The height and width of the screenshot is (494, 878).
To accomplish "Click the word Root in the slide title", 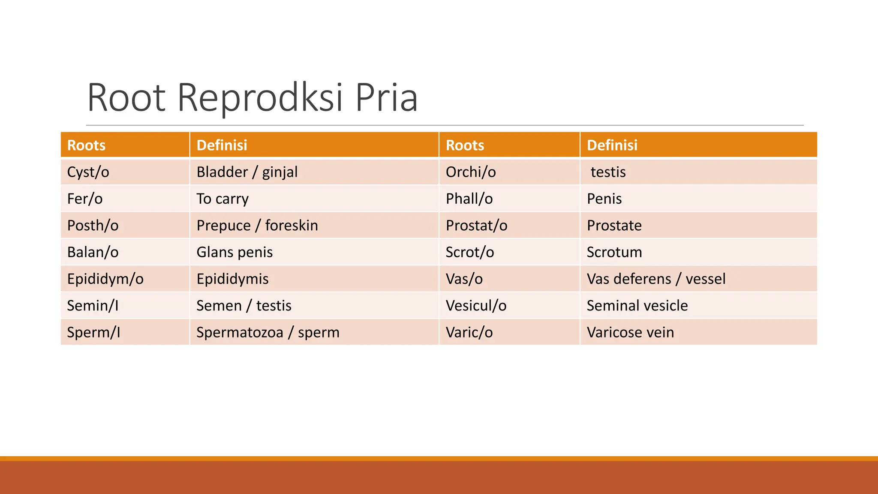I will coord(126,98).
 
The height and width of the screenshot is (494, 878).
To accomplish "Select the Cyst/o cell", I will coord(88,172).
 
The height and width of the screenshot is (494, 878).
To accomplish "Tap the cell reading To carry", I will coord(223,199).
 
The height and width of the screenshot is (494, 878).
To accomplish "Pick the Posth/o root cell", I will coord(93,226).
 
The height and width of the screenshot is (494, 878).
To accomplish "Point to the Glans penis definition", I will coord(235,252).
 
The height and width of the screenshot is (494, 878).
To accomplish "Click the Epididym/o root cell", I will coord(105,279).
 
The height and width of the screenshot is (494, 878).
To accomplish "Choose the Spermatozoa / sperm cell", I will coord(268,332).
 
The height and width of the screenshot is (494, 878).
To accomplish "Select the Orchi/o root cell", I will coord(471,172).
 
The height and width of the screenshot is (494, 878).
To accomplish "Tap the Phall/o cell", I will coord(469,199).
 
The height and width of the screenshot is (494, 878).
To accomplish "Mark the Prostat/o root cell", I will coord(476,226).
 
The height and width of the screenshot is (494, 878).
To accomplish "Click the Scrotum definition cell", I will coord(614,252).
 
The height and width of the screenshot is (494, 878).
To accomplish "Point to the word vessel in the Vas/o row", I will coord(705,279).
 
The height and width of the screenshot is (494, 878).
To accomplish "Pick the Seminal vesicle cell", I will coord(637,306).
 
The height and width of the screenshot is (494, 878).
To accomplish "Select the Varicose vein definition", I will coord(630,332).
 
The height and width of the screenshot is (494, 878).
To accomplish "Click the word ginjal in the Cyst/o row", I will coord(280,172).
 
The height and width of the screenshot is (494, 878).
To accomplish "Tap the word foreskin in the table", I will coord(292,226).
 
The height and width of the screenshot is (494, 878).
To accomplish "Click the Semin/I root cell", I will coord(93,306).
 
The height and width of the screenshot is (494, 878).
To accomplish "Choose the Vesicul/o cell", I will coord(476,306).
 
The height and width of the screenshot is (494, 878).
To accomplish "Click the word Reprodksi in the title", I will coord(260,98).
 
